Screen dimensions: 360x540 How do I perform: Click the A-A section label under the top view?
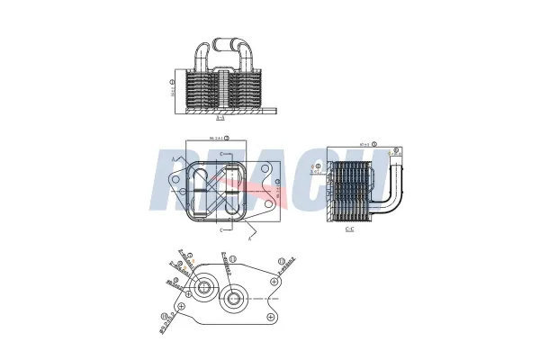pos(220,118)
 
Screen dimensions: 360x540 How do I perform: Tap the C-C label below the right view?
pos(349,229)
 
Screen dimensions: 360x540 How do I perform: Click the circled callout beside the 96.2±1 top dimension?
pos(228,138)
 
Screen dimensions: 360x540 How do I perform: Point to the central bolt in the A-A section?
pos(220,90)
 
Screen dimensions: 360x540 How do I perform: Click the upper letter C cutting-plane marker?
pos(221,157)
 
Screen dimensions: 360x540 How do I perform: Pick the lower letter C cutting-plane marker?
pos(221,229)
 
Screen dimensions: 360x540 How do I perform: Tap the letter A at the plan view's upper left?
pos(172,158)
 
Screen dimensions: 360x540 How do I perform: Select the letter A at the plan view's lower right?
pos(249,237)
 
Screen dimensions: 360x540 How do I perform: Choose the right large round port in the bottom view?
pos(234,299)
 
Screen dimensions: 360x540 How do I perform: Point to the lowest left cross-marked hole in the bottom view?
pos(183,308)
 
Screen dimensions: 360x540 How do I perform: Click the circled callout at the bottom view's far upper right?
pos(282,260)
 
